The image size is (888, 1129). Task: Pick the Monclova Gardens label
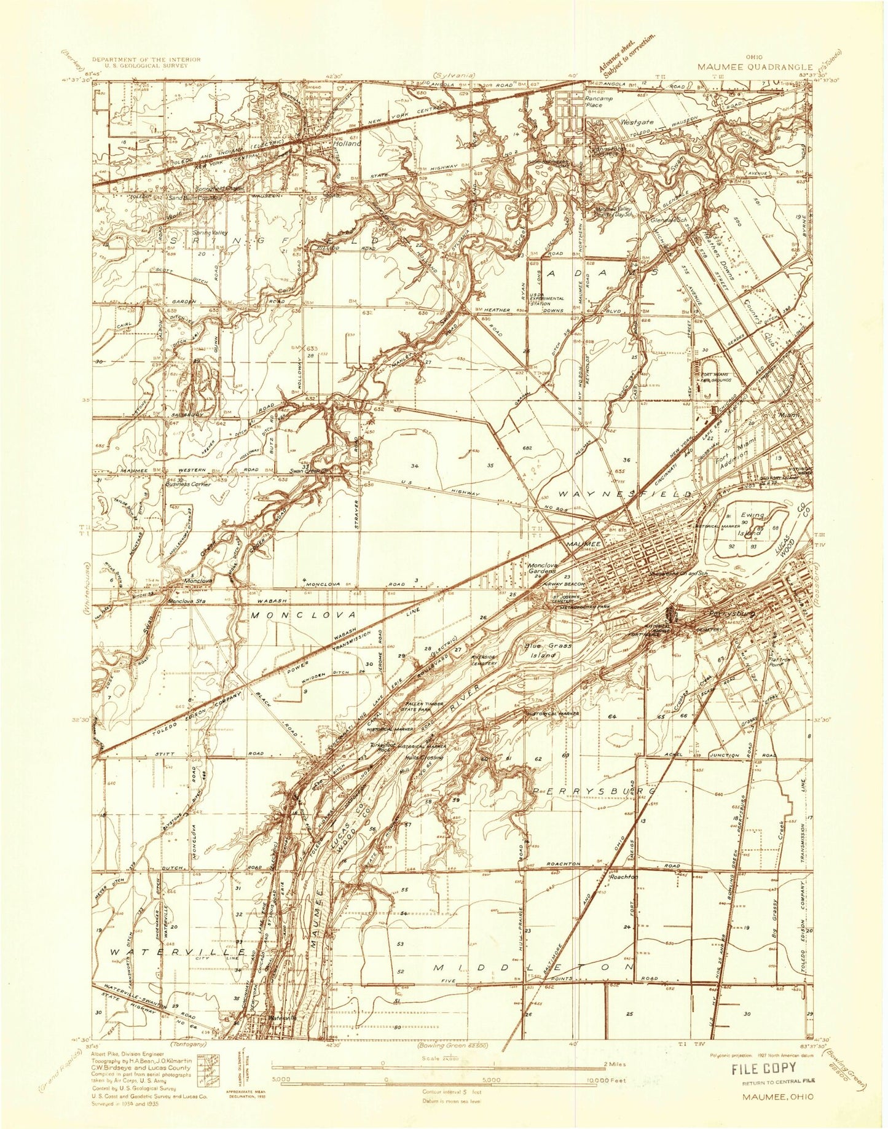tap(542, 568)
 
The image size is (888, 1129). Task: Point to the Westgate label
tap(635, 122)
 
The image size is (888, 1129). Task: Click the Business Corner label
tap(189, 485)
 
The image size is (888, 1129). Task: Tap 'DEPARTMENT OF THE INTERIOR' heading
tap(146, 59)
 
